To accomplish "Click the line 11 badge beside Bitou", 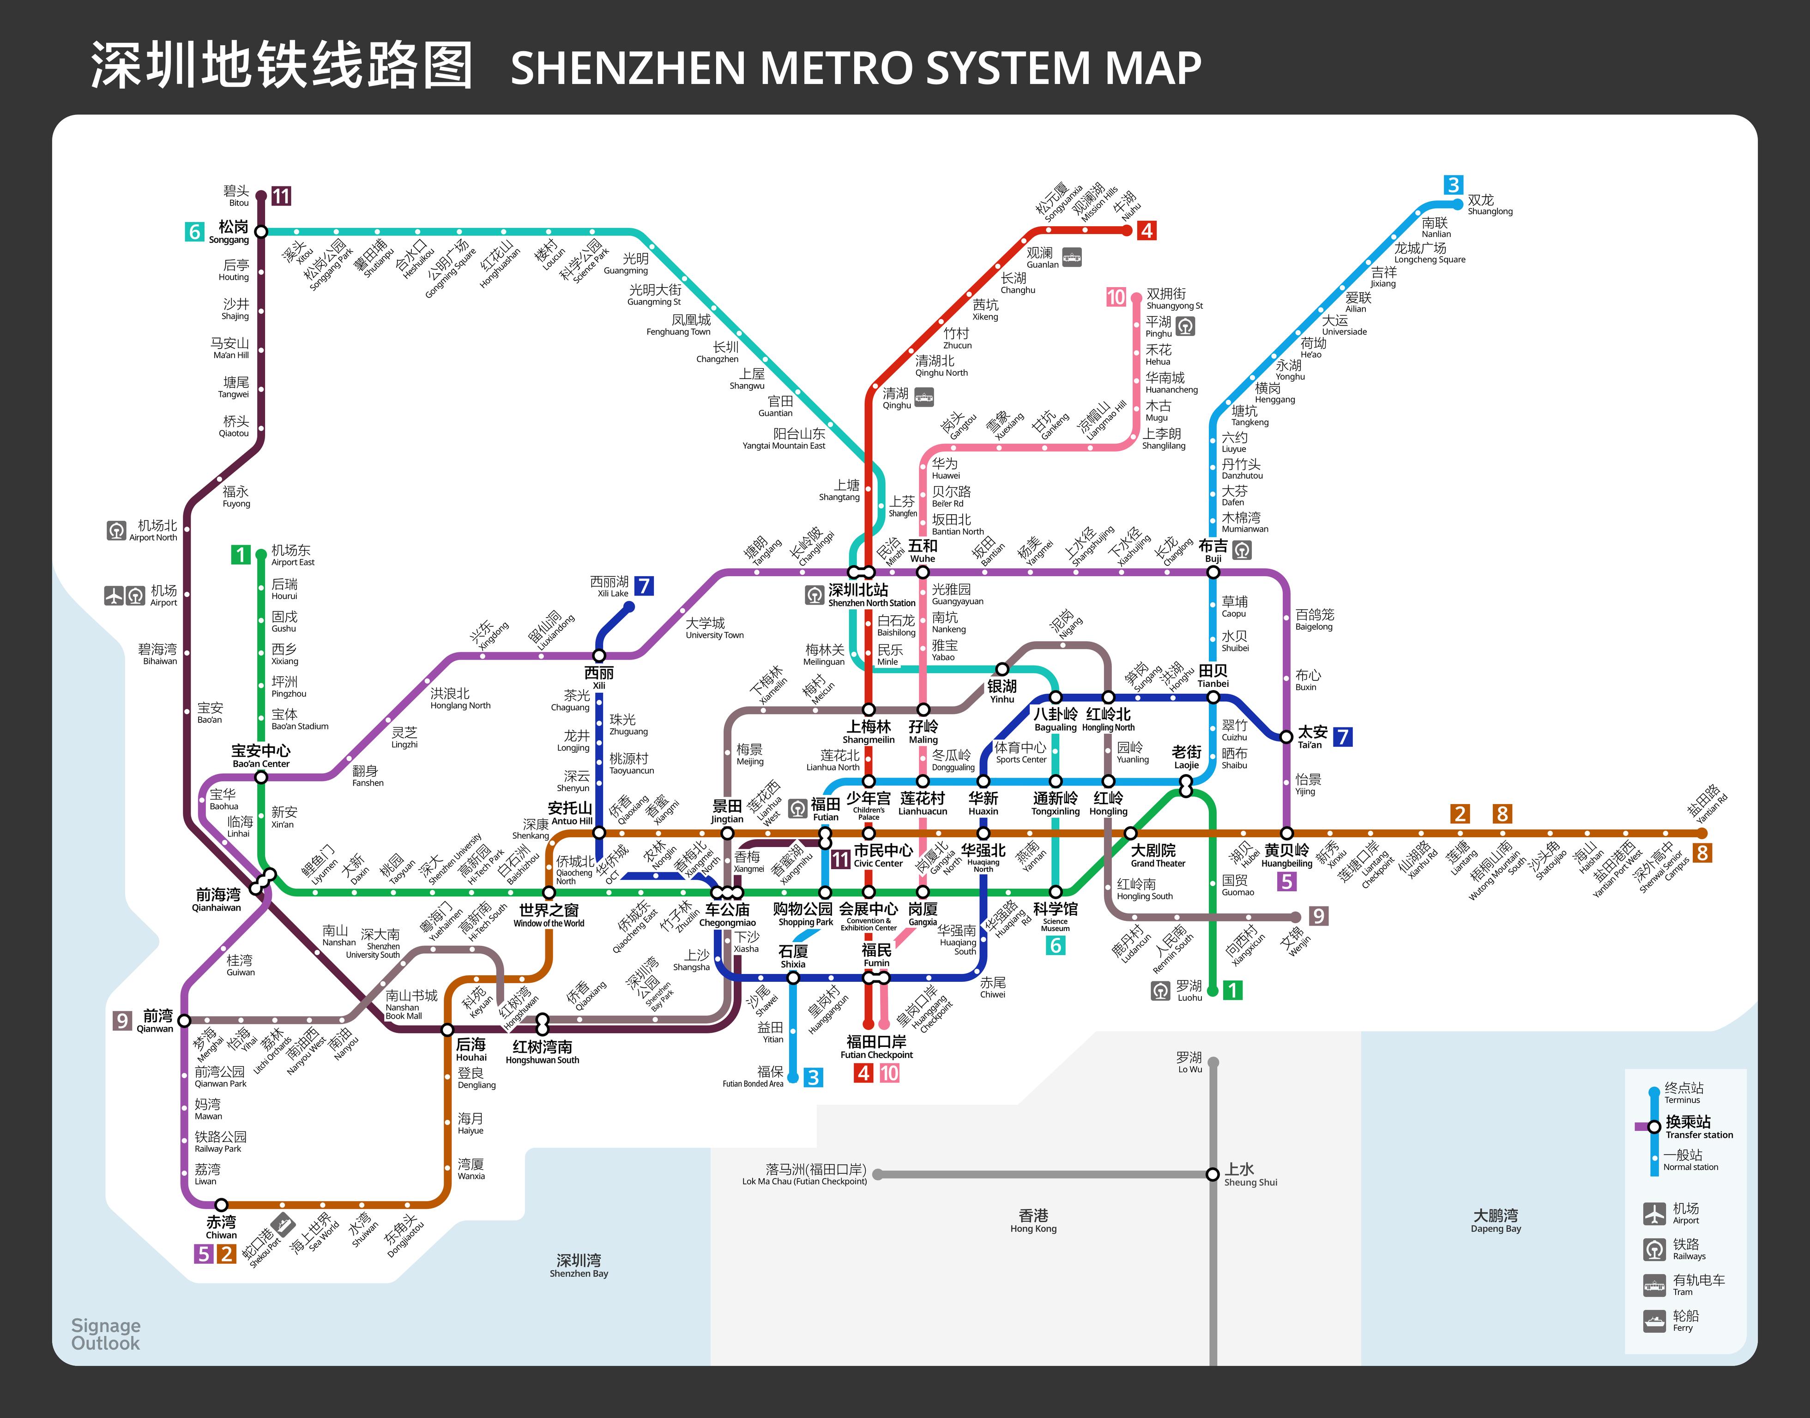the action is click(x=282, y=196).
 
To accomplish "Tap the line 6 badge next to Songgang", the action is click(x=194, y=232).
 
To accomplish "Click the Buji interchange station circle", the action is click(x=1213, y=572).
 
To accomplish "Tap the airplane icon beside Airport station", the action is click(x=114, y=595).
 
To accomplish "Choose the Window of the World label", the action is click(x=549, y=916).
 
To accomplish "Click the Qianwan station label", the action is click(x=156, y=1021).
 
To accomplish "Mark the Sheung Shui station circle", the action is click(x=1213, y=1174).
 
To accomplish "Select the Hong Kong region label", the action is click(x=1034, y=1220).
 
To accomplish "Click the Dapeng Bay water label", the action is click(x=1496, y=1220).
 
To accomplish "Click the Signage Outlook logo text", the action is click(x=105, y=1334).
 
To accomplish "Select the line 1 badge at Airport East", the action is click(x=241, y=554).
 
